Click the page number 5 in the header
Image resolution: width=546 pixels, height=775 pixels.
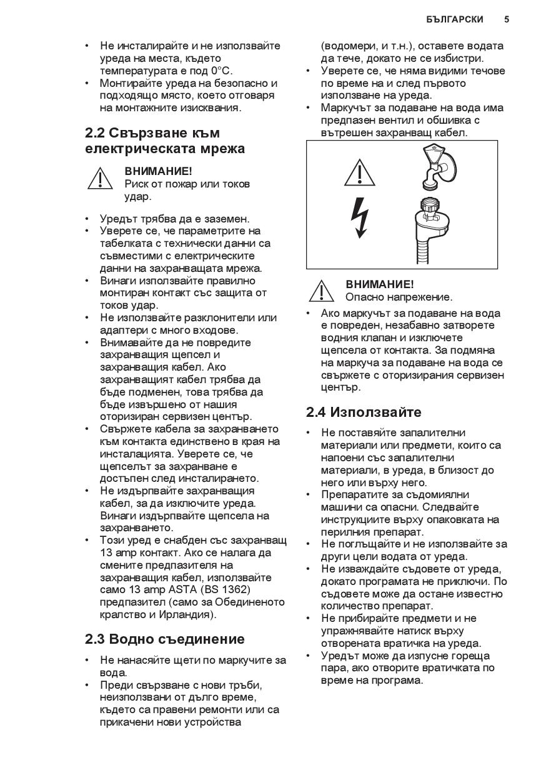pos(506,19)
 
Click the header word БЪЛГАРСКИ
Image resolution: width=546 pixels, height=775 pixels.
pos(455,19)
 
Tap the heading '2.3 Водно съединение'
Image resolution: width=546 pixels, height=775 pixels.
pos(165,639)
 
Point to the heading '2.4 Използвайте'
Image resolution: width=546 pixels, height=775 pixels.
pos(364,412)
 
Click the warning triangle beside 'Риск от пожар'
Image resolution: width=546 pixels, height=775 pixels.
pos(100,179)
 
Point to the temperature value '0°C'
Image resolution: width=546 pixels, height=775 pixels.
pos(222,71)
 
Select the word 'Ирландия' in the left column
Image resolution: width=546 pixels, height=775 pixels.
pos(189,614)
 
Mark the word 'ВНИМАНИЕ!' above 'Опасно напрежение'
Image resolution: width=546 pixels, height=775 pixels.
pos(380,284)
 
